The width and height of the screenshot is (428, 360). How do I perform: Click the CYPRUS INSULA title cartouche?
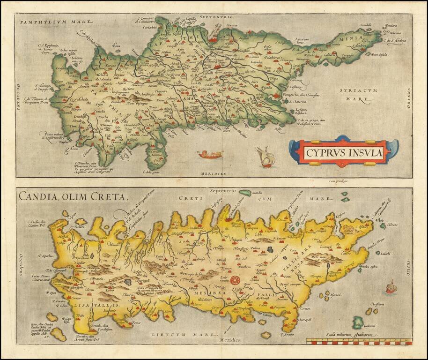click(344, 152)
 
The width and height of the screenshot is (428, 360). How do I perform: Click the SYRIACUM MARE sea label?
click(357, 94)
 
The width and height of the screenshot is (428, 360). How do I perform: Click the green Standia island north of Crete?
click(245, 192)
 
